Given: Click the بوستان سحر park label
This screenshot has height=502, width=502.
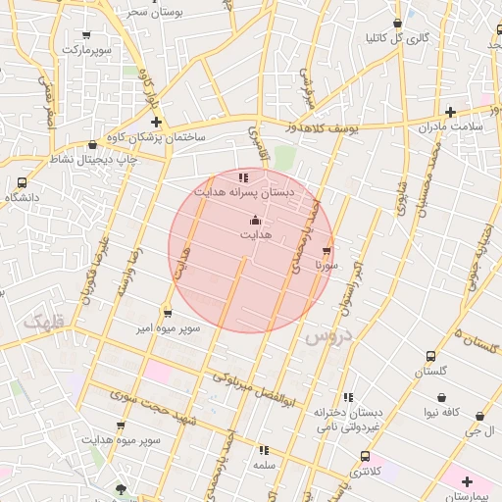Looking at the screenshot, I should point(152,12).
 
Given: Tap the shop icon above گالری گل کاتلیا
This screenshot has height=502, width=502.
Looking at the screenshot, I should point(397,23).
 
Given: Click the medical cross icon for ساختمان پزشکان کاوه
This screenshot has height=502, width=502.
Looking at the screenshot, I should point(156,122).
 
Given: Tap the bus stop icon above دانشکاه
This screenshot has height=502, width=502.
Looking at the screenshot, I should point(22,182).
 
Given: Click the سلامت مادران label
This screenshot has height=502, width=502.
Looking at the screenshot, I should point(450,127).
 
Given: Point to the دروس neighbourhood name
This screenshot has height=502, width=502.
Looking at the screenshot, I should point(326,337).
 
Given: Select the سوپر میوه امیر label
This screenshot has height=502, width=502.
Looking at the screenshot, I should point(169,327).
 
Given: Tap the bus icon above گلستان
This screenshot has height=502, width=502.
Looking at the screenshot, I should point(430,356).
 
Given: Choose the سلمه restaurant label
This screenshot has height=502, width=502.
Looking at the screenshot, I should point(263,465).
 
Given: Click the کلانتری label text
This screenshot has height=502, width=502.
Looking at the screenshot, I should point(364,472).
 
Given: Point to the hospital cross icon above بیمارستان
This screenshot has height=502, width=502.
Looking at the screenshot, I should point(468,481).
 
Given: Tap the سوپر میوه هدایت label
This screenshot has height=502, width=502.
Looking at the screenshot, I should point(122,441).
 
